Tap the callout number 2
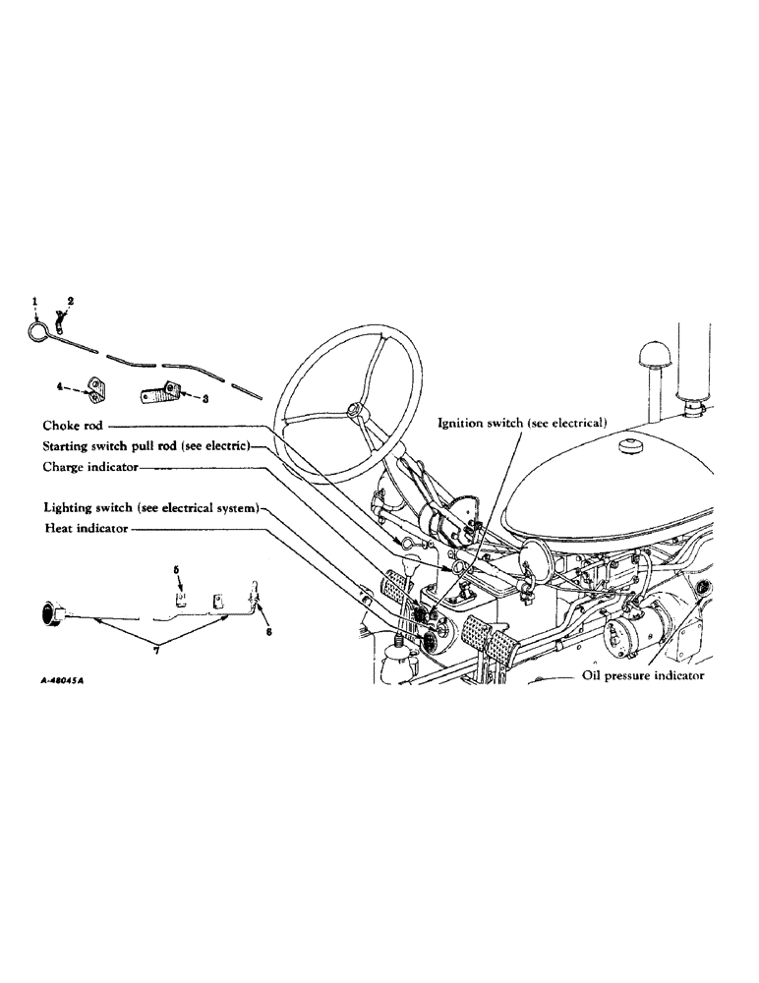pos(70,299)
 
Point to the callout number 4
pos(60,388)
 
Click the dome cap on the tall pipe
pos(653,354)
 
